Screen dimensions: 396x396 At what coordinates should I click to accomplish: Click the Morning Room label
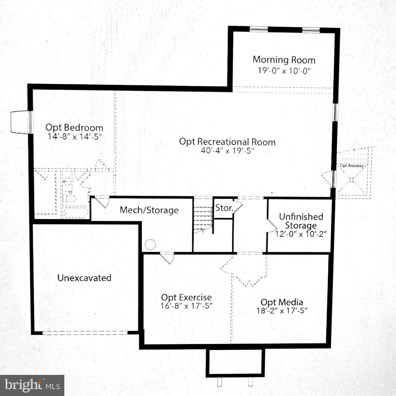click(284, 60)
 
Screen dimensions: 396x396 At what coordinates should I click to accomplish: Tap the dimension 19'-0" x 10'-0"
click(284, 70)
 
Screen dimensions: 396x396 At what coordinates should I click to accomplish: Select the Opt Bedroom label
click(74, 128)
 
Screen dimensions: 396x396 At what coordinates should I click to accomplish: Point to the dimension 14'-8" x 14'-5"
click(75, 137)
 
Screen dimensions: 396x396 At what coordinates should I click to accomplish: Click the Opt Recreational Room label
click(227, 142)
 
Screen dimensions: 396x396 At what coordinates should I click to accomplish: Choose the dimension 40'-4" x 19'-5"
click(227, 151)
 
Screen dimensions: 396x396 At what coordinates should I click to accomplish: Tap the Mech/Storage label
click(149, 210)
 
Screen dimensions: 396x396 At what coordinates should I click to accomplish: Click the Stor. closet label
click(224, 208)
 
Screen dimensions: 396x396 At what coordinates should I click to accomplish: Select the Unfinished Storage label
click(301, 221)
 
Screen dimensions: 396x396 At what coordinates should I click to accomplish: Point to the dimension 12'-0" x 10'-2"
click(301, 234)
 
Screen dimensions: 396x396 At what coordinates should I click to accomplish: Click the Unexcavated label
click(84, 278)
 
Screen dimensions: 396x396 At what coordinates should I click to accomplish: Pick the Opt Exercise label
click(186, 297)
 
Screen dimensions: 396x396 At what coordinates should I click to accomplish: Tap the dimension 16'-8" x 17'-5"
click(187, 306)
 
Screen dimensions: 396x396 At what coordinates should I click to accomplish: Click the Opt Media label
click(282, 302)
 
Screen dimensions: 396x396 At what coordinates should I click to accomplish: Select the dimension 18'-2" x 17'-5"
click(282, 311)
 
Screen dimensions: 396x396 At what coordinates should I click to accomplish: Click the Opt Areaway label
click(352, 166)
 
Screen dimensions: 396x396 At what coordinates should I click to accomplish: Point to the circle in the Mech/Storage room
click(150, 245)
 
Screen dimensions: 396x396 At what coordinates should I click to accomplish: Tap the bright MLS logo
click(32, 385)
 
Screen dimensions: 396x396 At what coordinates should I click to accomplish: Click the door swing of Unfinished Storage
click(271, 226)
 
